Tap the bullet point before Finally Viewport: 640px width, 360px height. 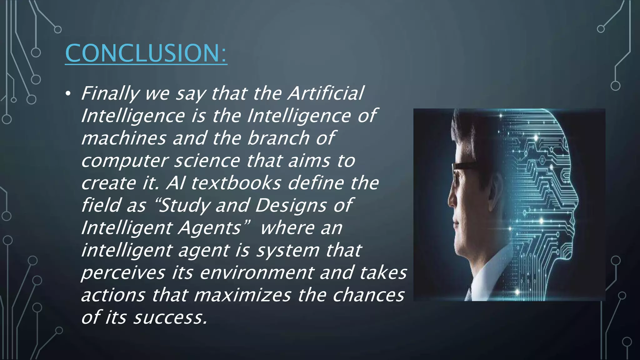tap(68, 93)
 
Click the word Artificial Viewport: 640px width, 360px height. tap(326, 93)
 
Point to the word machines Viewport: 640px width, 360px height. tap(123, 138)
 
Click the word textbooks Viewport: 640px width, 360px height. tap(236, 183)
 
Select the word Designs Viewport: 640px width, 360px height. tap(291, 206)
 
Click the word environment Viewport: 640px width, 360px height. tap(256, 272)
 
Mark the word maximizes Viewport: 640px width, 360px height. tap(242, 295)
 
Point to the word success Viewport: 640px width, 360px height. tap(170, 317)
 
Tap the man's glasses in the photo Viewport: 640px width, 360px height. tap(462, 169)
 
